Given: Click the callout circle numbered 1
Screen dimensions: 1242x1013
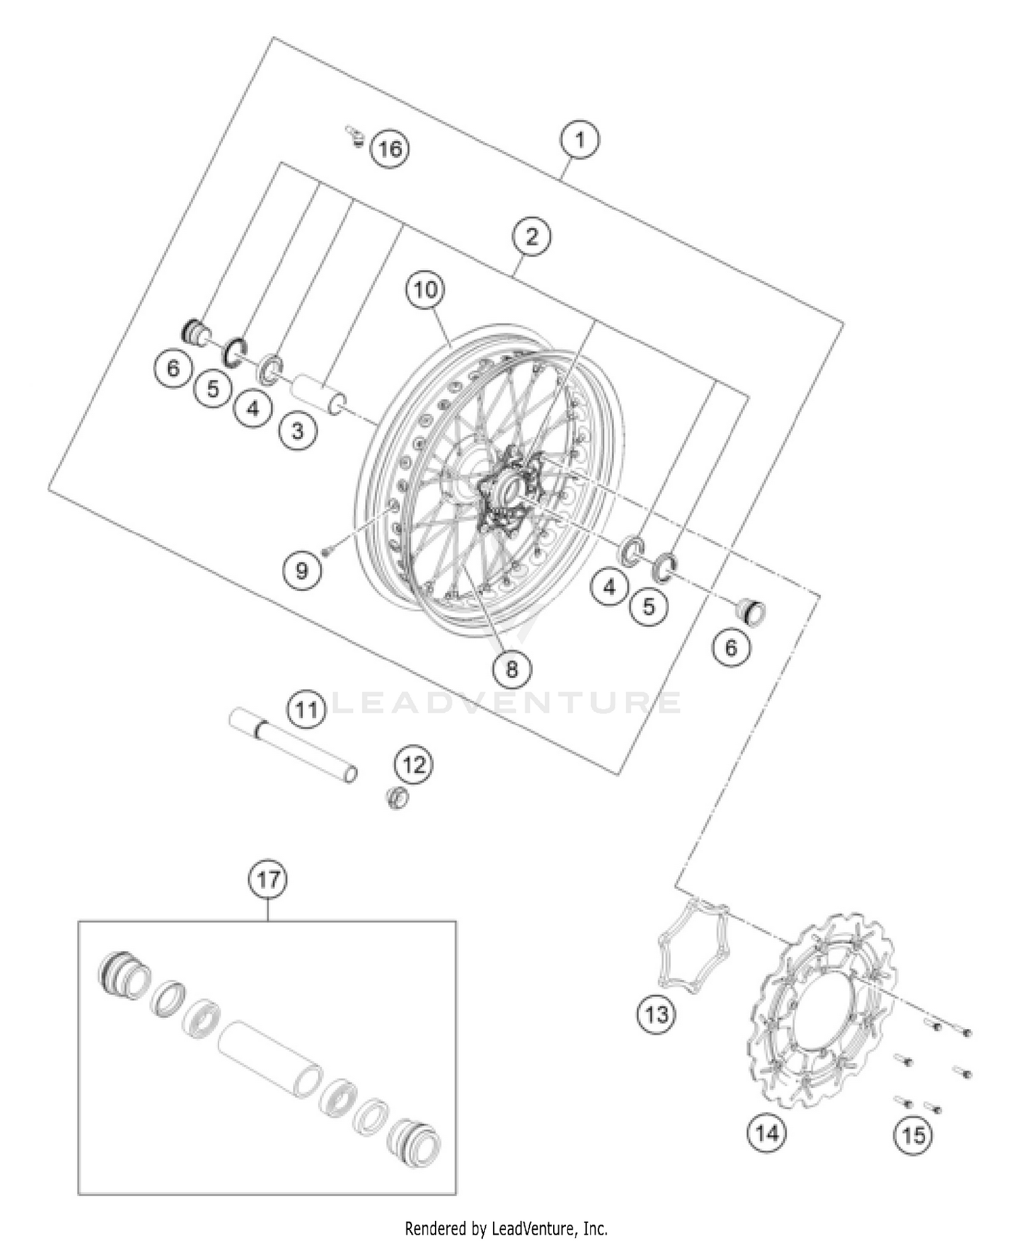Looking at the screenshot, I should (579, 140).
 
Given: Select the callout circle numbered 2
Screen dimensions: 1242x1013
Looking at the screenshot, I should (531, 236).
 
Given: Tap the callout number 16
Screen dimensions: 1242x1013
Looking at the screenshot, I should (390, 148).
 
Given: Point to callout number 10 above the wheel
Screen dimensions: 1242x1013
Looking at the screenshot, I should (425, 290).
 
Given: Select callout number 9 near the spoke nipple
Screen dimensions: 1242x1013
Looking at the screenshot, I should (301, 571).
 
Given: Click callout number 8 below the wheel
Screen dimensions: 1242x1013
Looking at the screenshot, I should (511, 669).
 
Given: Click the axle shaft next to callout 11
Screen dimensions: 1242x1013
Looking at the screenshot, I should (294, 744).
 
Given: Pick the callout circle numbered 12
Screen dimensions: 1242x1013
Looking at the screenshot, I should (414, 765).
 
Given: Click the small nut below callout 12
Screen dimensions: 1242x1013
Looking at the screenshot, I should (398, 798).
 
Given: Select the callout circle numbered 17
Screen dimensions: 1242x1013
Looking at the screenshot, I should (268, 880).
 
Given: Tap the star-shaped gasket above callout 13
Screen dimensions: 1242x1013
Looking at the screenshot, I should (694, 947).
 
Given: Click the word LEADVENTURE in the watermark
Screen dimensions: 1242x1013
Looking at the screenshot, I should (506, 703).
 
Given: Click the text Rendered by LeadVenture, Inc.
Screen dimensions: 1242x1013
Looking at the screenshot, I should (506, 1227).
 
